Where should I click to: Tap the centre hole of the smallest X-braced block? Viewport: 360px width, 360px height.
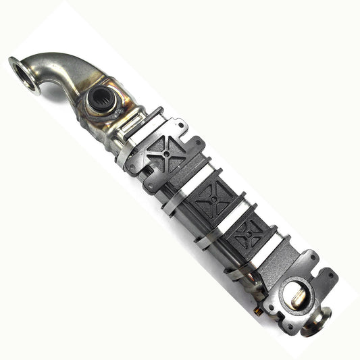click(248, 234)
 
